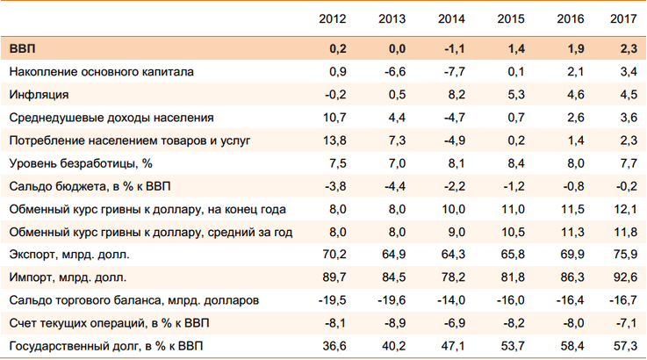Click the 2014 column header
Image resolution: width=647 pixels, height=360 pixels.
[x=452, y=18]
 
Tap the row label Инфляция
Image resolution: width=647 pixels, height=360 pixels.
[x=39, y=94]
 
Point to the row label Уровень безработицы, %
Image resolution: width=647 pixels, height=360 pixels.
[x=82, y=162]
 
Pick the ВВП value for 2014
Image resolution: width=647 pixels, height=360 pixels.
[x=454, y=47]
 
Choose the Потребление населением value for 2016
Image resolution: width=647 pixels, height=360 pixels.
[x=570, y=140]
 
